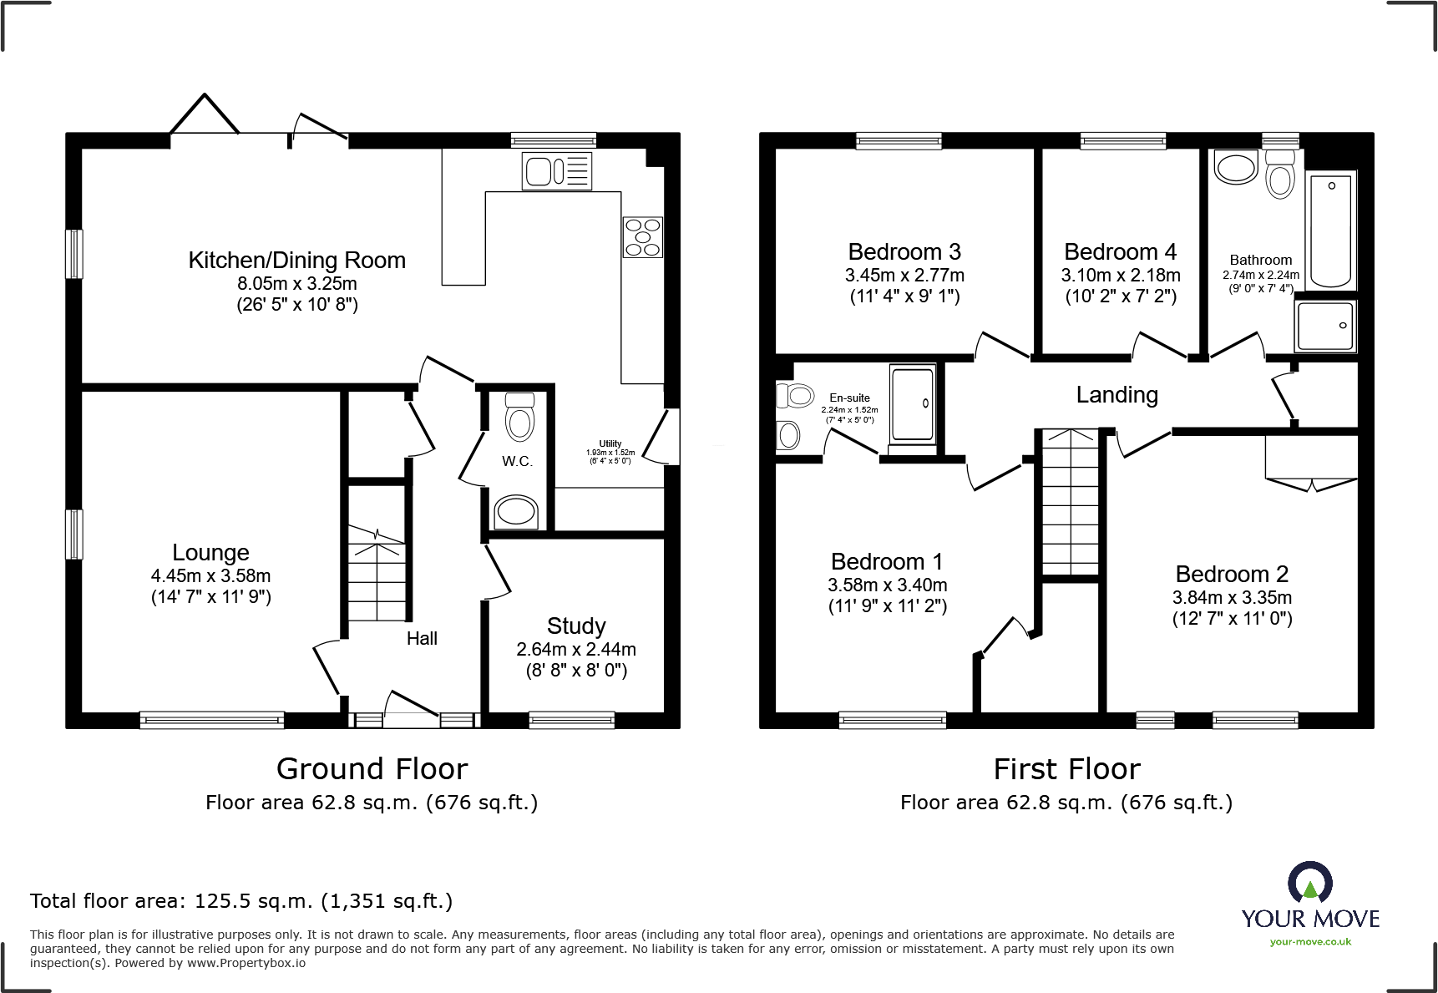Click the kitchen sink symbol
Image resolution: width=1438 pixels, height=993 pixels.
pos(557,171)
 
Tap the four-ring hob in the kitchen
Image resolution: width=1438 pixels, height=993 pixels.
pos(642,237)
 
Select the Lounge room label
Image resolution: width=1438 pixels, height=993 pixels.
pos(210,552)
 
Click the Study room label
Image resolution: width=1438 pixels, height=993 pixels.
pos(576,626)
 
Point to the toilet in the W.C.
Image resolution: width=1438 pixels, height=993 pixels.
pos(519,417)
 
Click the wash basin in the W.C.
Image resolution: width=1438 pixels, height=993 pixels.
pos(516,511)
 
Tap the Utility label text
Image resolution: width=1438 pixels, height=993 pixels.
pos(610,444)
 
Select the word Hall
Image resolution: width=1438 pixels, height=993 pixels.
pos(422,639)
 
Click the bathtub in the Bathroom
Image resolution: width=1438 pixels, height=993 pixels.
pos(1330,229)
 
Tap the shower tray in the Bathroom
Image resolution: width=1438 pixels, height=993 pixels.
pos(1325,326)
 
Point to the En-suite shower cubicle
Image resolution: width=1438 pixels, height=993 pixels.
pos(912,403)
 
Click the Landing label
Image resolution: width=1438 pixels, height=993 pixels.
pos(1116,395)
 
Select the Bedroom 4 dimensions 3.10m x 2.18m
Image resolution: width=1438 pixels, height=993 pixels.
pos(1121,276)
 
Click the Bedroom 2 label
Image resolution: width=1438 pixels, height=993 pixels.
pos(1232,575)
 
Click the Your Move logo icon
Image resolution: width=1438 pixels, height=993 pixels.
pos(1309,884)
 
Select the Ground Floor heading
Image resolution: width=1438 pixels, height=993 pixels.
pos(372,768)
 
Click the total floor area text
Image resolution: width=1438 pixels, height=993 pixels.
pos(241,901)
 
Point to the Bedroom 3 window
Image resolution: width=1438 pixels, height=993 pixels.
pos(899,140)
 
